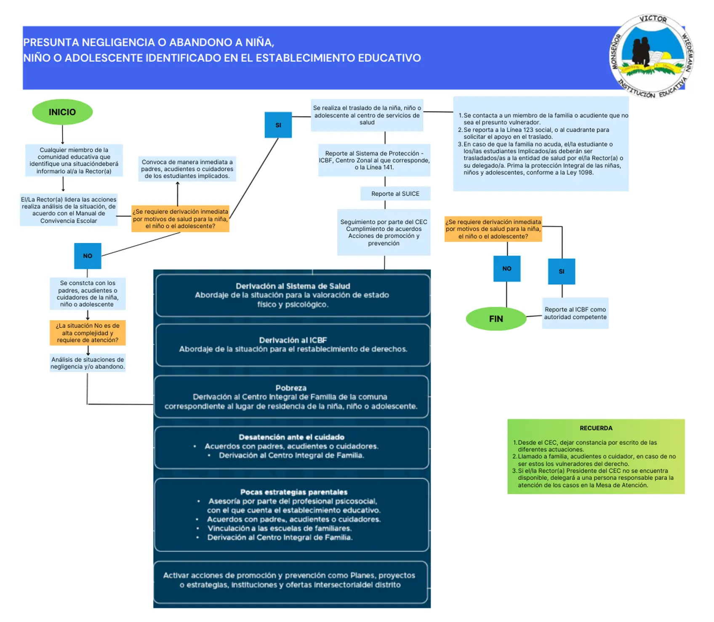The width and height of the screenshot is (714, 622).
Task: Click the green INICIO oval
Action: [x=62, y=112]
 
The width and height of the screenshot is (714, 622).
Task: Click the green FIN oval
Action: [x=496, y=319]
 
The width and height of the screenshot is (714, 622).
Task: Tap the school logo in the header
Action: [x=652, y=57]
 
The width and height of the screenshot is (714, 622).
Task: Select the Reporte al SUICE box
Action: [x=395, y=194]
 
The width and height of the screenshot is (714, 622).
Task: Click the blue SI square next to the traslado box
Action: [x=278, y=125]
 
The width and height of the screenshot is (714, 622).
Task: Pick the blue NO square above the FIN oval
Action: [x=507, y=268]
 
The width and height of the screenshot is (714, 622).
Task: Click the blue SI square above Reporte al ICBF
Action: [x=562, y=271]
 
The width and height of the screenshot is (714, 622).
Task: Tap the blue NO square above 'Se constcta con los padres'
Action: [x=88, y=256]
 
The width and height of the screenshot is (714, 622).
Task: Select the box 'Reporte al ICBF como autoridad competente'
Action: [x=575, y=313]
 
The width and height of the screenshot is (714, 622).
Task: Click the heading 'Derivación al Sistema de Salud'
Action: [x=293, y=286]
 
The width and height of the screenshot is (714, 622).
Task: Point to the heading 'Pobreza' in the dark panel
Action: [x=291, y=388]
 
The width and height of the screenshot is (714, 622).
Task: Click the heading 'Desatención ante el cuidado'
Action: [x=292, y=437]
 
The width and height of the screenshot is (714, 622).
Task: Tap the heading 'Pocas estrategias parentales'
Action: [x=294, y=492]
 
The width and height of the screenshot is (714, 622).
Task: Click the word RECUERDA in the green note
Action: [x=596, y=428]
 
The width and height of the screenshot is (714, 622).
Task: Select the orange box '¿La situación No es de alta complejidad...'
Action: [x=88, y=333]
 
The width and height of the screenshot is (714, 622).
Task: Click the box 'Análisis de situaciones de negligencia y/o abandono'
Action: [x=88, y=363]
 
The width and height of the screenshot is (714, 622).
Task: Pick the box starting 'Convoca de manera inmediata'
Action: [x=187, y=169]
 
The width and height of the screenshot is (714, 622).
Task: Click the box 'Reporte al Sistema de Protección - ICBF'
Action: [x=374, y=160]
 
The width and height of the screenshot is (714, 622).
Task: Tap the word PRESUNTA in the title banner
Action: [x=51, y=43]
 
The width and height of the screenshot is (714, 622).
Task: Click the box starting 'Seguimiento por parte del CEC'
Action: [x=384, y=232]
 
